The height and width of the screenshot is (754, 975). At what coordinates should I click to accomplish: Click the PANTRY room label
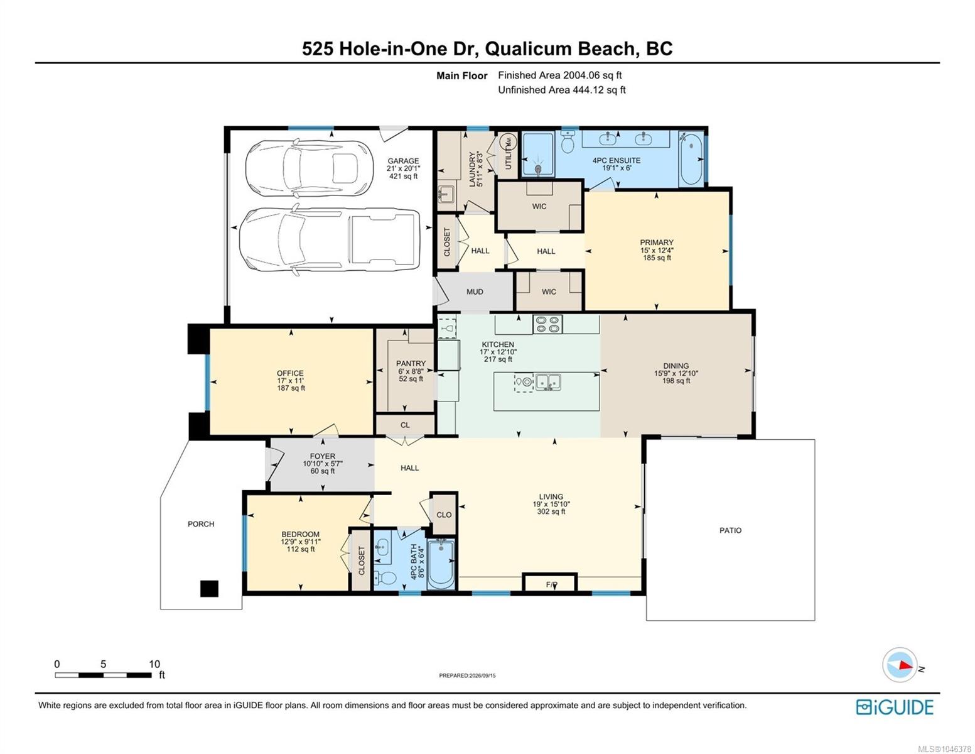pos(411,363)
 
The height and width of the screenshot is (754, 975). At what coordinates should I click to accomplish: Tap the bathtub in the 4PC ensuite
pos(691,158)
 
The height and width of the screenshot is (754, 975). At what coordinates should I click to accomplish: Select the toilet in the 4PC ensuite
pos(568,141)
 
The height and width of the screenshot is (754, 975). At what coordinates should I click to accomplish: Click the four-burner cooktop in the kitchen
pos(547,324)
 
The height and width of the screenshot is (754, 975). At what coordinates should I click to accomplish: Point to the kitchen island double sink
pos(548,382)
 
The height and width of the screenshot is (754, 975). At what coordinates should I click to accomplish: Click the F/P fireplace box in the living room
pos(549,583)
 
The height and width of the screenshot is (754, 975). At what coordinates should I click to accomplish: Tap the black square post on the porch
pos(209,588)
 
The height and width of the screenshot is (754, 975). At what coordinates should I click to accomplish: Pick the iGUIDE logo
pos(894,707)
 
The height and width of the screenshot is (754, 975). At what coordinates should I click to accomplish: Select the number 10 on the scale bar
pos(154,664)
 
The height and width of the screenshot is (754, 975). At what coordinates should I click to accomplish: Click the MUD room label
pos(474,292)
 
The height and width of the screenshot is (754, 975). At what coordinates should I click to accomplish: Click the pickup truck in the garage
pos(330,239)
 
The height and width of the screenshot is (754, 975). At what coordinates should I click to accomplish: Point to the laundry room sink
pos(446,195)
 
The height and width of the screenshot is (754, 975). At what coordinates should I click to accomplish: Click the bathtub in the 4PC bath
pos(441,564)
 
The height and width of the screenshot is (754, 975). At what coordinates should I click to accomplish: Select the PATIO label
pos(730,530)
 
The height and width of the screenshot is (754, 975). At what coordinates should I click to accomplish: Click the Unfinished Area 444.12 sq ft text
pos(561,90)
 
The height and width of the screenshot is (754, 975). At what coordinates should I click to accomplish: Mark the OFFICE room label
pos(290,373)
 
